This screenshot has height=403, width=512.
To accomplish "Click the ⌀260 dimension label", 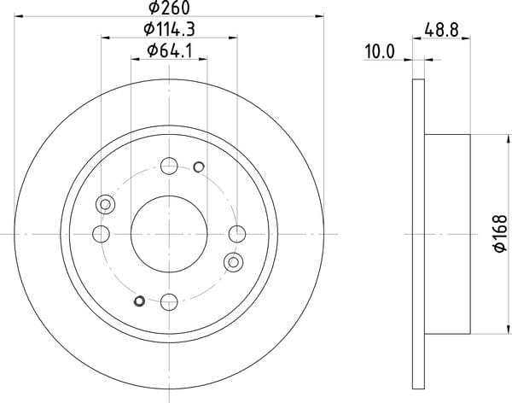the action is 169,8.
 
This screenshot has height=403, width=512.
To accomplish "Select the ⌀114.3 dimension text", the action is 169,29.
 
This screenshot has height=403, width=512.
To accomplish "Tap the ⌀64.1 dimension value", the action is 169,50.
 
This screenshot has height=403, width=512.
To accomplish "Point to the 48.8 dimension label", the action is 441,30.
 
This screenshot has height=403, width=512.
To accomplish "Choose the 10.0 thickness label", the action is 380,51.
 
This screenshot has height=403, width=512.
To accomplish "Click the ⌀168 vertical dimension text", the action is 500,233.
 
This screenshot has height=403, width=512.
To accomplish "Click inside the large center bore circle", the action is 169,234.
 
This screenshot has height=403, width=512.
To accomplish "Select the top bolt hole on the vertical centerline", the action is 169,166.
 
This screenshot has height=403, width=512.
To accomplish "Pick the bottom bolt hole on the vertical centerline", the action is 169,301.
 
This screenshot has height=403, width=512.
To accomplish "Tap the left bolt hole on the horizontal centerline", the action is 101,234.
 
